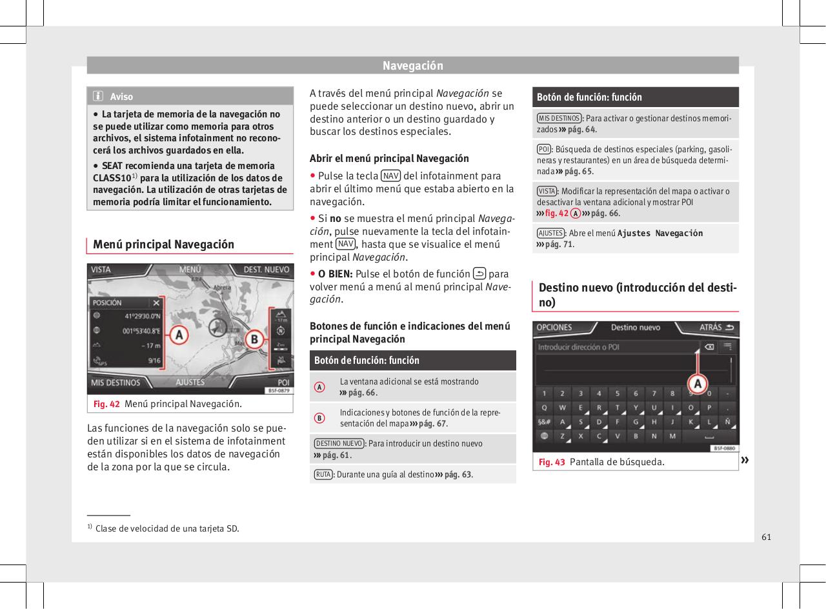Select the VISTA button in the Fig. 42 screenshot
pyautogui.click(x=101, y=270)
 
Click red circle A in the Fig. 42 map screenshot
pyautogui.click(x=179, y=335)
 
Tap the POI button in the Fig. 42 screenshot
pyautogui.click(x=283, y=383)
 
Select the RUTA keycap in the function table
pyautogui.click(x=323, y=475)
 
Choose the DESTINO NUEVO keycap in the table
pyautogui.click(x=339, y=443)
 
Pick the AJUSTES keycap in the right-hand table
pyautogui.click(x=550, y=233)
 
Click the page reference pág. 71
pyautogui.click(x=559, y=245)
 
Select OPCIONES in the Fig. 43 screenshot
pyautogui.click(x=555, y=327)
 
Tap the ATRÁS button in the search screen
pyautogui.click(x=716, y=327)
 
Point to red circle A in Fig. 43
pyautogui.click(x=697, y=384)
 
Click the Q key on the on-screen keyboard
pyautogui.click(x=544, y=407)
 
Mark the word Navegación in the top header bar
pyautogui.click(x=413, y=66)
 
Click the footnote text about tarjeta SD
pyautogui.click(x=166, y=529)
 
